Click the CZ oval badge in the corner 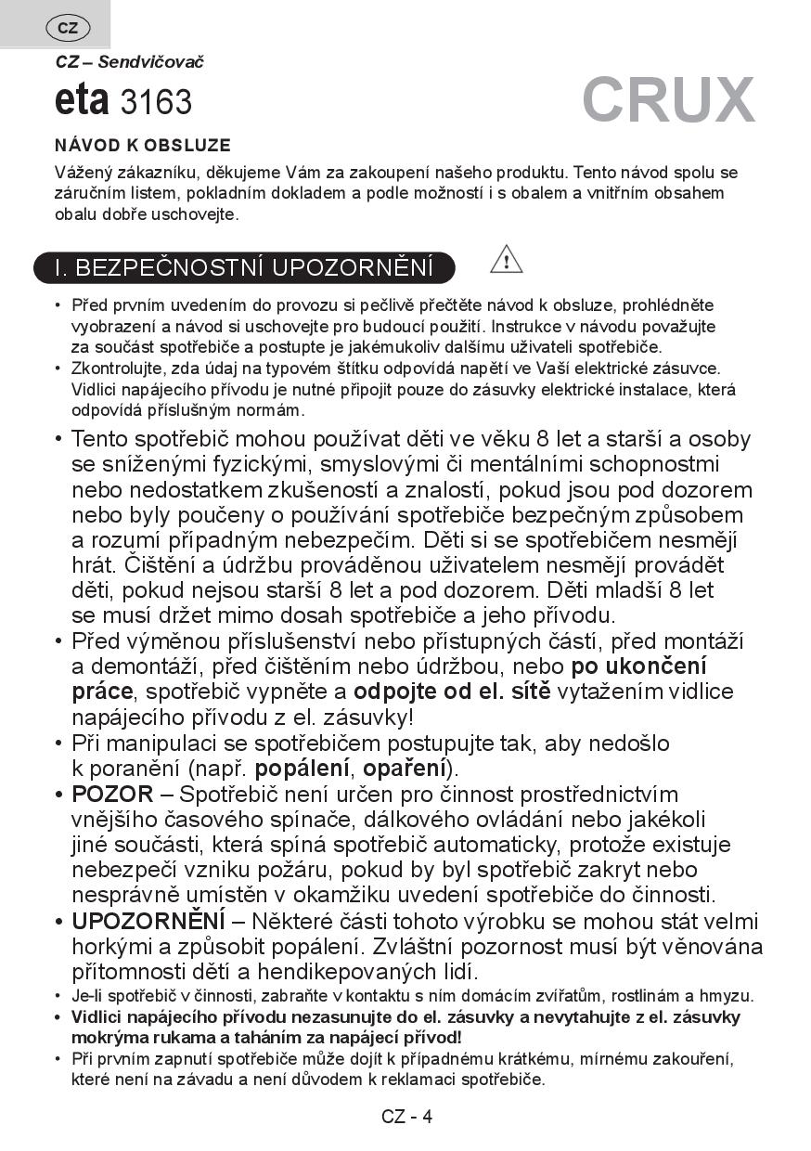click(68, 28)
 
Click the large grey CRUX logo click(668, 99)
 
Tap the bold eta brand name click(83, 100)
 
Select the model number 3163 click(156, 102)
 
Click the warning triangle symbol click(506, 259)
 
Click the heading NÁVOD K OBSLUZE click(143, 146)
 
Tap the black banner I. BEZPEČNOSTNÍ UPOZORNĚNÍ click(244, 267)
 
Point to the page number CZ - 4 click(406, 1117)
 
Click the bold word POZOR click(112, 795)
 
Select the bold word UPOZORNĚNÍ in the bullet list click(148, 922)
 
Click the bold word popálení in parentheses click(303, 769)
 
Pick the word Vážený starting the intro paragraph click(84, 173)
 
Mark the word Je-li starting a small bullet click(86, 997)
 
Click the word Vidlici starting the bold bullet click(97, 1017)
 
